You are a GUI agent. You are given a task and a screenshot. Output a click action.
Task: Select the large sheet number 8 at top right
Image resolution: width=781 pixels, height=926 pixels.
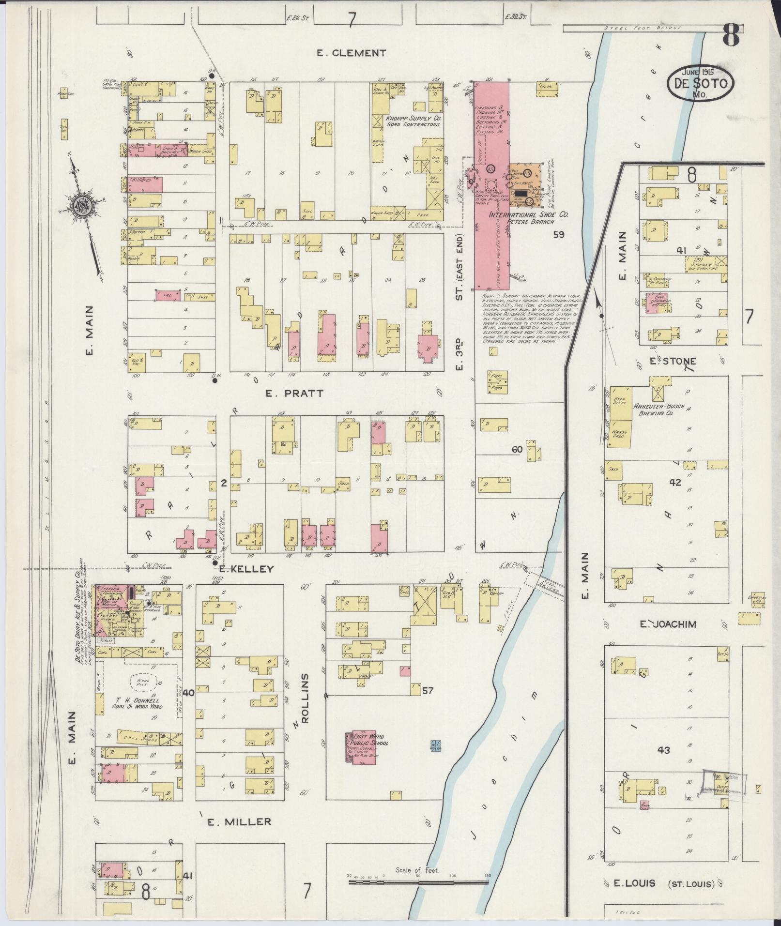(731, 35)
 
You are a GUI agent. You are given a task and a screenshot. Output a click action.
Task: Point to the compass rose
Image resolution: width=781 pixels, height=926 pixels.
(80, 206)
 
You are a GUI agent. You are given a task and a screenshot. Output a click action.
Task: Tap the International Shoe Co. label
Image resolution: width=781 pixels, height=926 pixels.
(529, 214)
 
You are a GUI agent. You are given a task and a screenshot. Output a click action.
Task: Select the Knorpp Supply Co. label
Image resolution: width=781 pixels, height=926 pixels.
(413, 121)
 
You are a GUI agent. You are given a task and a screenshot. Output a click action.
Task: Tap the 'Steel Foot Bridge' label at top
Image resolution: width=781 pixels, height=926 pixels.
(642, 28)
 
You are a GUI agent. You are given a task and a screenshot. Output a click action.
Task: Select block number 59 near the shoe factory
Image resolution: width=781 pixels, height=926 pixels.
(559, 235)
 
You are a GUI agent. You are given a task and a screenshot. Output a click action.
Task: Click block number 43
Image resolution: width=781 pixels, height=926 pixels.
(663, 763)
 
